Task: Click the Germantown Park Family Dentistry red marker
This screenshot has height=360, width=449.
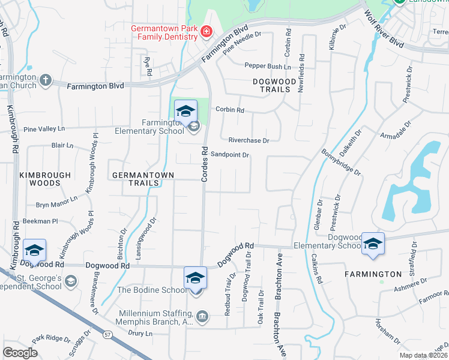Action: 206,32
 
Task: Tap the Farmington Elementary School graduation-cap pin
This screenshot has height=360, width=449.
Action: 185,112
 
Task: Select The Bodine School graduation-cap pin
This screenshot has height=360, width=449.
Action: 194,279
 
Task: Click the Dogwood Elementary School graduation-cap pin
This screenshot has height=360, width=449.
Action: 373,244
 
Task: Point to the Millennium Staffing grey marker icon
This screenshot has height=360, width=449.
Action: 202,316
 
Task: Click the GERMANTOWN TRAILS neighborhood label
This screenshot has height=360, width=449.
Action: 143,179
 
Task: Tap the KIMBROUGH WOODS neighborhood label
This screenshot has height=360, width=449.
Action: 45,179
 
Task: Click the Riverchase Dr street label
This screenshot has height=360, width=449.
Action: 249,140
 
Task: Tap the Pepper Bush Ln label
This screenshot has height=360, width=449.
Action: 267,66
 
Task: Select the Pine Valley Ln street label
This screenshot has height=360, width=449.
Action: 43,129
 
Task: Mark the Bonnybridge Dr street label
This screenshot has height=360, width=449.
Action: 342,163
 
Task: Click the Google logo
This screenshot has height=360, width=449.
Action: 20,353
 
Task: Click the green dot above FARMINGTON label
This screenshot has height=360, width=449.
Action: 381,281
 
